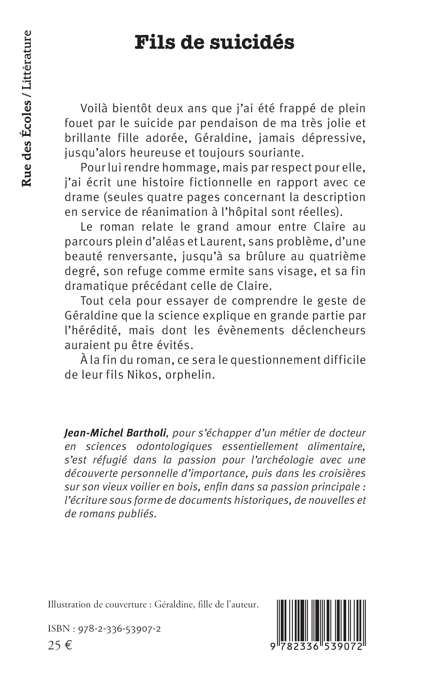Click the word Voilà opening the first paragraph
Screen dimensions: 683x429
coord(93,108)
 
